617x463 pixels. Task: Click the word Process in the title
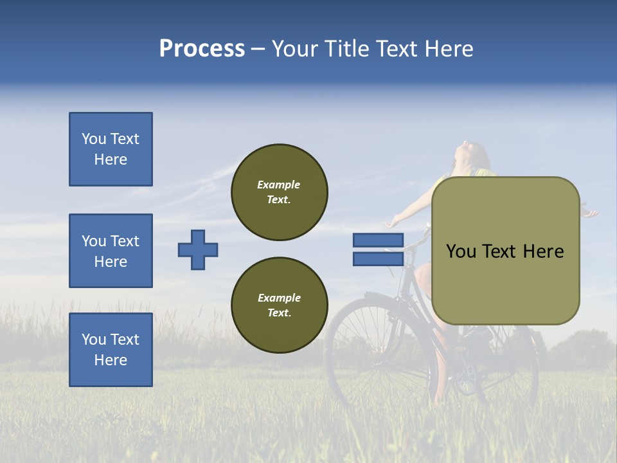point(202,49)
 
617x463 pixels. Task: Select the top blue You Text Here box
point(111,149)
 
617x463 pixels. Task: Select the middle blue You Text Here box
point(111,251)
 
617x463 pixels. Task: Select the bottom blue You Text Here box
point(111,350)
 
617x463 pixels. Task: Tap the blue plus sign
point(198,250)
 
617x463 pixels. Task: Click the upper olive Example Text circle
point(280,192)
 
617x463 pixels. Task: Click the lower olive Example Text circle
point(280,305)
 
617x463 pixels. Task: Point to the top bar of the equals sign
point(378,241)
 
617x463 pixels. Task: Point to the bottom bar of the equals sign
point(378,259)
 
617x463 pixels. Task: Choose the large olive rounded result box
point(505,251)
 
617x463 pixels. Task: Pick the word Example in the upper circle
point(278,185)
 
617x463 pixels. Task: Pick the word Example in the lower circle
point(279,298)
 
